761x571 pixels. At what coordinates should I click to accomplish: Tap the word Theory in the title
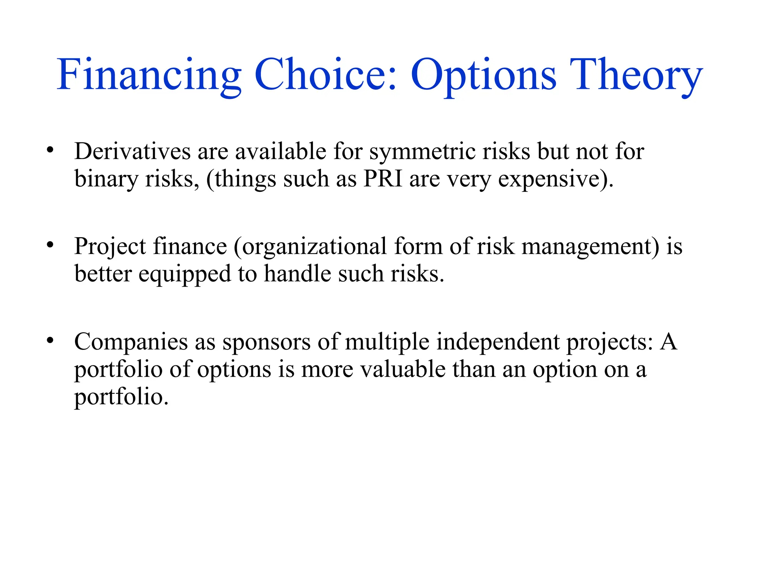tap(636, 75)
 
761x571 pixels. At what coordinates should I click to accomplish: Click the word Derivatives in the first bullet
tap(132, 152)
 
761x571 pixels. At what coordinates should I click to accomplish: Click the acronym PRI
tap(383, 179)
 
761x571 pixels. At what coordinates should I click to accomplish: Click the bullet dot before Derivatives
tap(50, 151)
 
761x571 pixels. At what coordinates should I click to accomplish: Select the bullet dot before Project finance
tap(50, 245)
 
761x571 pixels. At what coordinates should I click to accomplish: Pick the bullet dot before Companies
tap(50, 341)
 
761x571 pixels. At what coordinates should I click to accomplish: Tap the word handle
tap(297, 274)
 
